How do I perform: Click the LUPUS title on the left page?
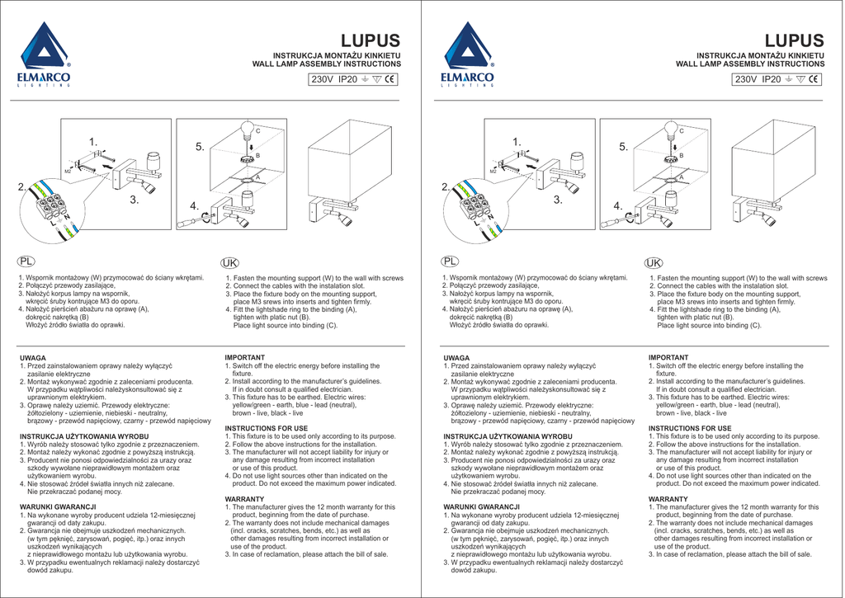[371, 41]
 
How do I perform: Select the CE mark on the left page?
[390, 80]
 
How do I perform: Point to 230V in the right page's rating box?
[746, 80]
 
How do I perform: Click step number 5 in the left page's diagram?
[200, 147]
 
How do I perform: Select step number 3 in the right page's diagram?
[558, 200]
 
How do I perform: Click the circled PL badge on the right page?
[451, 261]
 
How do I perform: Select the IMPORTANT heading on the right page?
[668, 358]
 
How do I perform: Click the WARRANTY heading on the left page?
[244, 500]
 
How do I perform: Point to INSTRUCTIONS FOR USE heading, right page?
[690, 429]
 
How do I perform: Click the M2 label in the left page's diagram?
[68, 170]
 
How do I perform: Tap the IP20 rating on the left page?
[348, 80]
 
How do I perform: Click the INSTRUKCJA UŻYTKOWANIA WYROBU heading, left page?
[84, 436]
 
